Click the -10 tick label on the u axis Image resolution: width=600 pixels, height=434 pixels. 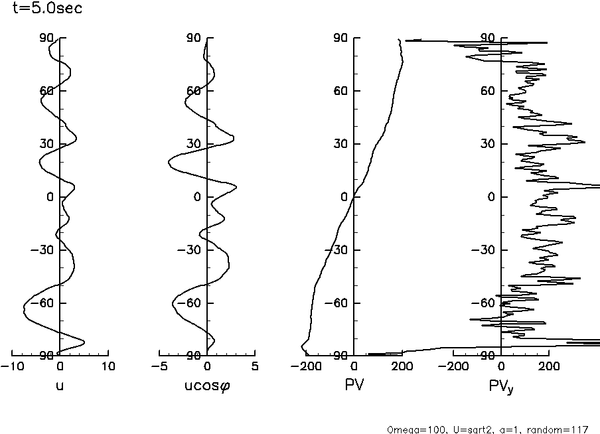pyautogui.click(x=11, y=366)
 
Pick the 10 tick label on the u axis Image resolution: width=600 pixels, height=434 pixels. pyautogui.click(x=108, y=366)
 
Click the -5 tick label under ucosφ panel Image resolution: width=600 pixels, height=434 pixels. pyautogui.click(x=159, y=366)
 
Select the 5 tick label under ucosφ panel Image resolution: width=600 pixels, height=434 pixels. pyautogui.click(x=255, y=366)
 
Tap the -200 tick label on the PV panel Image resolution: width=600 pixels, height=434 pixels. pyautogui.click(x=306, y=366)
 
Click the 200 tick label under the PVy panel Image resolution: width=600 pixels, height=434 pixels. pyautogui.click(x=548, y=366)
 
